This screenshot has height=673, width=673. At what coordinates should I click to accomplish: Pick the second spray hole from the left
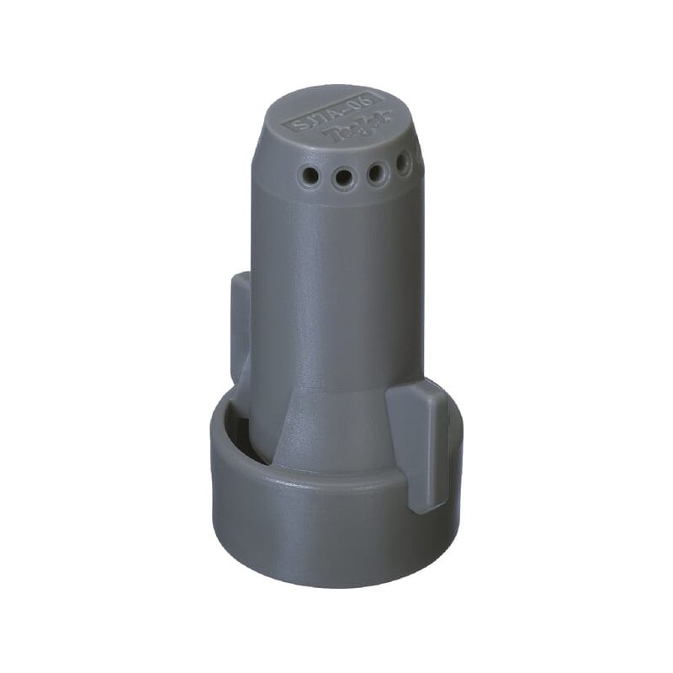(342, 178)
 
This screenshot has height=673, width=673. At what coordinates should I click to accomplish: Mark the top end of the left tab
(240, 278)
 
